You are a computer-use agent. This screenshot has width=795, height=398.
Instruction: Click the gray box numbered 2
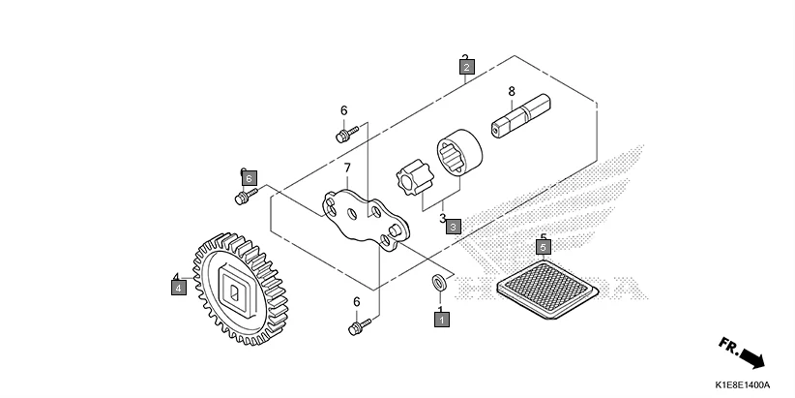pos(466,68)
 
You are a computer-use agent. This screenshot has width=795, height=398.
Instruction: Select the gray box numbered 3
pos(453,225)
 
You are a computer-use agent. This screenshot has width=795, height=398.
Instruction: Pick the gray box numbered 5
pos(544,247)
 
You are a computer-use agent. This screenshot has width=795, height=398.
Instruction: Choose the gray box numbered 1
pos(441,318)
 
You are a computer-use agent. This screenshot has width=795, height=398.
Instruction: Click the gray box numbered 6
pos(249,178)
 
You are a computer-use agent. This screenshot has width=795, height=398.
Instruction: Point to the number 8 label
pos(511,92)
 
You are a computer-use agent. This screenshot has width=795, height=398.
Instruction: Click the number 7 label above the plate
pos(346,168)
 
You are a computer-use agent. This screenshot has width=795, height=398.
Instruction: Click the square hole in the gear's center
pos(236,288)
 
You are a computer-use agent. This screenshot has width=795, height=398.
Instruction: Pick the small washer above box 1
pos(438,283)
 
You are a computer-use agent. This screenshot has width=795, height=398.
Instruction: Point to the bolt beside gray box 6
pos(242,198)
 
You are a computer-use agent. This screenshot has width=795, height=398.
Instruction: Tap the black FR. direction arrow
pos(742,352)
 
